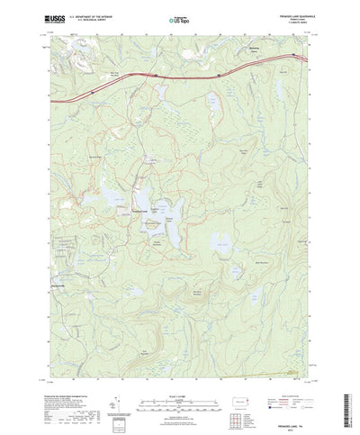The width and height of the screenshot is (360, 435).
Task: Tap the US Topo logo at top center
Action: [179, 17]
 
